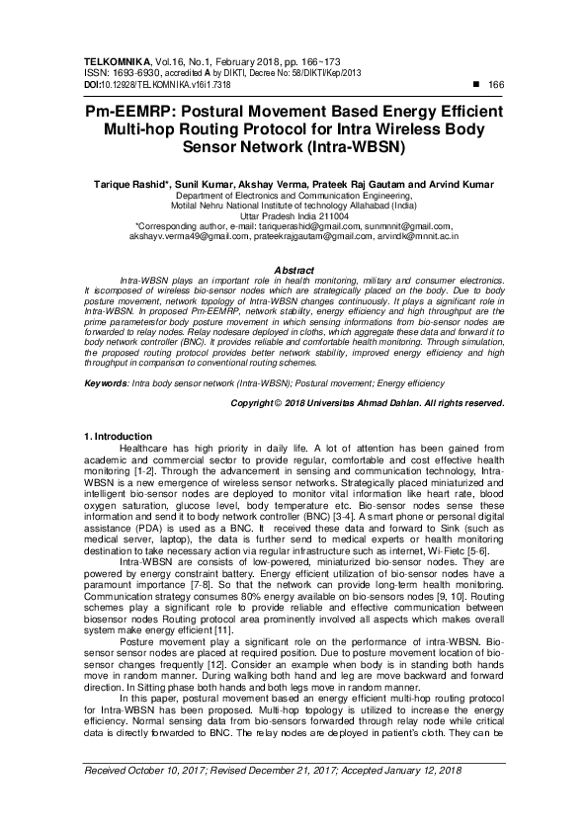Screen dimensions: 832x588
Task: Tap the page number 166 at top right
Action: point(497,86)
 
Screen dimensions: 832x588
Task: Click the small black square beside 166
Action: point(477,86)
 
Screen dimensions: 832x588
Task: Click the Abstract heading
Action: point(294,270)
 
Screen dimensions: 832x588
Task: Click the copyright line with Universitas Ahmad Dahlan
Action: point(367,404)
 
